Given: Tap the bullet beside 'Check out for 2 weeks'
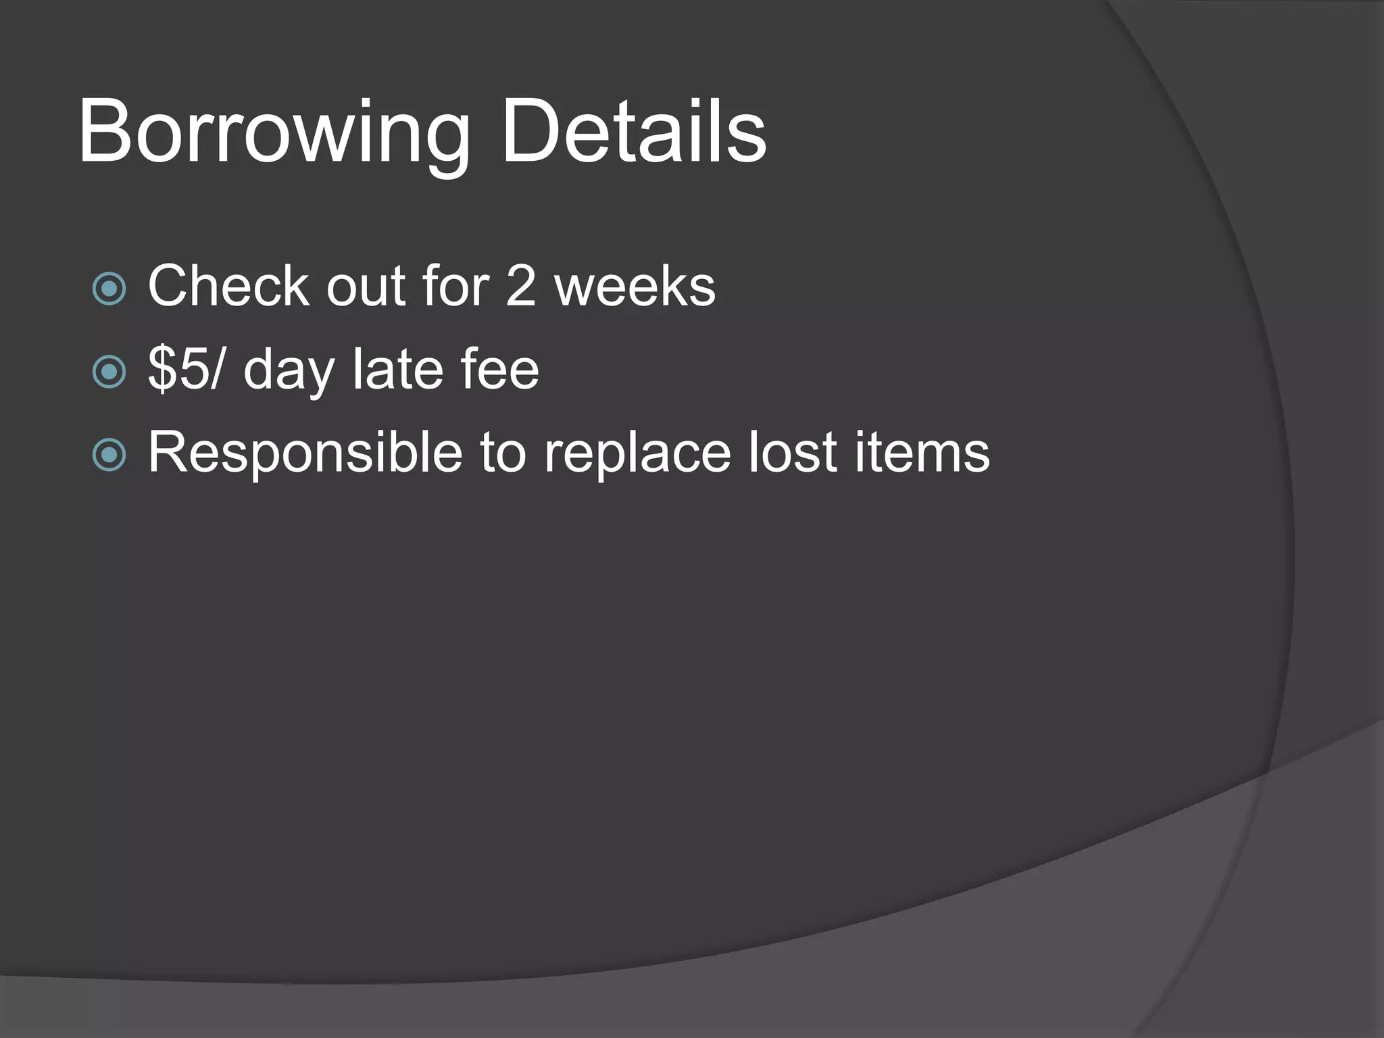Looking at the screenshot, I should (x=109, y=289).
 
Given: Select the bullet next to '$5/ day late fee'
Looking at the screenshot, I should (x=109, y=371).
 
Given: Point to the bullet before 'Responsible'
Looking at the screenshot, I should (x=109, y=454).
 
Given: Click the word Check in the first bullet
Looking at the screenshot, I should (x=228, y=286).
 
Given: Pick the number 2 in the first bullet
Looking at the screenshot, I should (x=520, y=286).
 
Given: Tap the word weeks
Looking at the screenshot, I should (x=635, y=286).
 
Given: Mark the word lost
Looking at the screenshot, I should (x=793, y=451).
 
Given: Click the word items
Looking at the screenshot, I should (x=922, y=451).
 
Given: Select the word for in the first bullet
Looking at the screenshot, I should (x=455, y=286).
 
